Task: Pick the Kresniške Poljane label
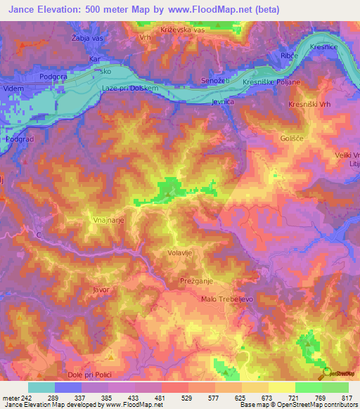[x=271, y=82]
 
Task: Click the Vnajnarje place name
[x=109, y=220]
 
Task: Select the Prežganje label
[x=195, y=280]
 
